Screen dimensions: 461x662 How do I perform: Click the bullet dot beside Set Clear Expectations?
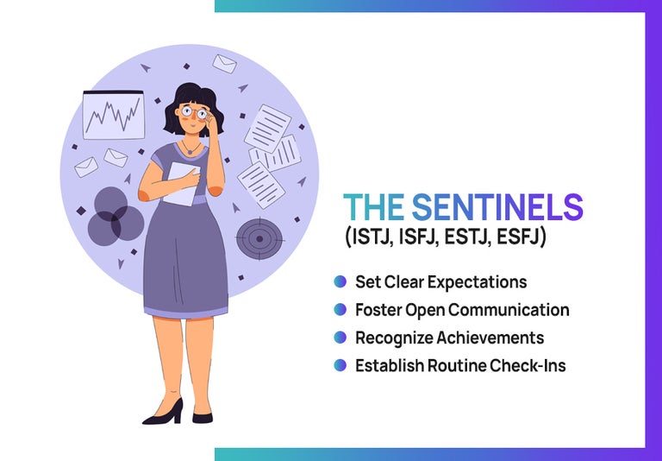point(340,281)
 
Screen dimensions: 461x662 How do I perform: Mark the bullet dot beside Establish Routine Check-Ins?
point(340,365)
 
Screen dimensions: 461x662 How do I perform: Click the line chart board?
point(112,115)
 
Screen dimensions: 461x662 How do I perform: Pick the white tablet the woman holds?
point(181,184)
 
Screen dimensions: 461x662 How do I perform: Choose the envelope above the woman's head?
point(224,64)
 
